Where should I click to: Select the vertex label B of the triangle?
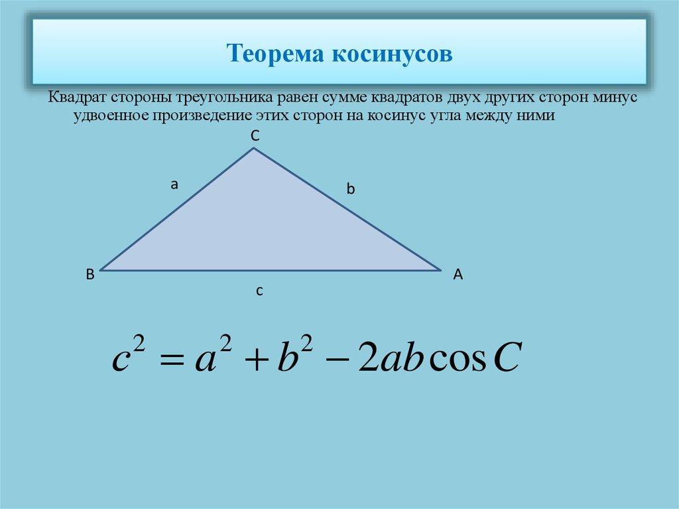click(x=89, y=274)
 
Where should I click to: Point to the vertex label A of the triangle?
click(x=457, y=274)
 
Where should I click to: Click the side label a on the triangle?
click(x=174, y=184)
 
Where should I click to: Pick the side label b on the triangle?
click(x=351, y=189)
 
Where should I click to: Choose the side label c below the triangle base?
click(x=261, y=290)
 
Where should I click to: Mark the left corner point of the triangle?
click(x=100, y=270)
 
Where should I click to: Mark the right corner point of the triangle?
click(x=441, y=270)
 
